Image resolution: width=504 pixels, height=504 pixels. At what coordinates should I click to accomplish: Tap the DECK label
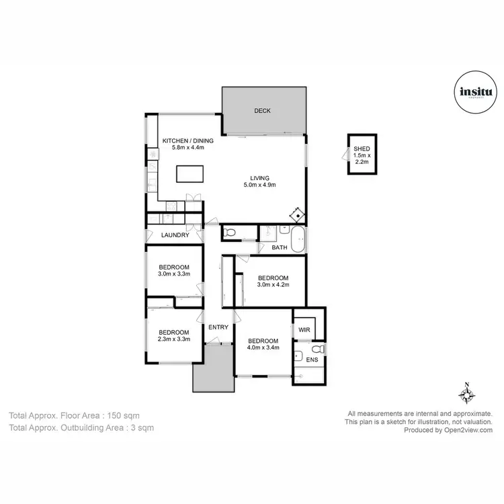(x=263, y=111)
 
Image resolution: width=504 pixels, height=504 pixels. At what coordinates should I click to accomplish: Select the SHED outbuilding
(x=362, y=155)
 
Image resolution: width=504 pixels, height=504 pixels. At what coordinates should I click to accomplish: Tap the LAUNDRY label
(x=175, y=235)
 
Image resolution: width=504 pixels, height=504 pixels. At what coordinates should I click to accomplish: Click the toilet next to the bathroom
(x=230, y=233)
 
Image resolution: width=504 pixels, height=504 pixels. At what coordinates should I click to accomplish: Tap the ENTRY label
(x=218, y=327)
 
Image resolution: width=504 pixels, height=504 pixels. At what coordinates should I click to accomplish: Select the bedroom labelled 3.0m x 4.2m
(x=273, y=282)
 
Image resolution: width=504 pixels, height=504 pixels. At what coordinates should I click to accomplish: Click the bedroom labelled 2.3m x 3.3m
(x=174, y=335)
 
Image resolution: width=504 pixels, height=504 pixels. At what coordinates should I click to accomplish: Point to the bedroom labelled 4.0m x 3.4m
(x=263, y=344)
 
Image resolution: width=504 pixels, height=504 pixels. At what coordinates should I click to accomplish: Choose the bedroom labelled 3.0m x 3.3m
(x=174, y=270)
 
